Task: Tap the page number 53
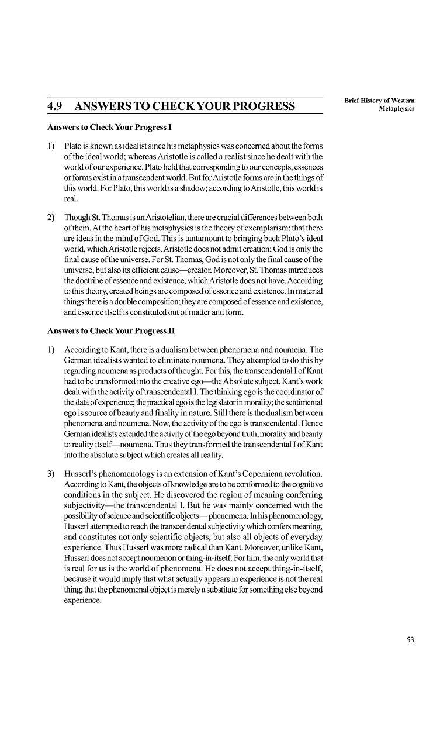410,639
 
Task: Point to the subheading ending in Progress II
111,330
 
